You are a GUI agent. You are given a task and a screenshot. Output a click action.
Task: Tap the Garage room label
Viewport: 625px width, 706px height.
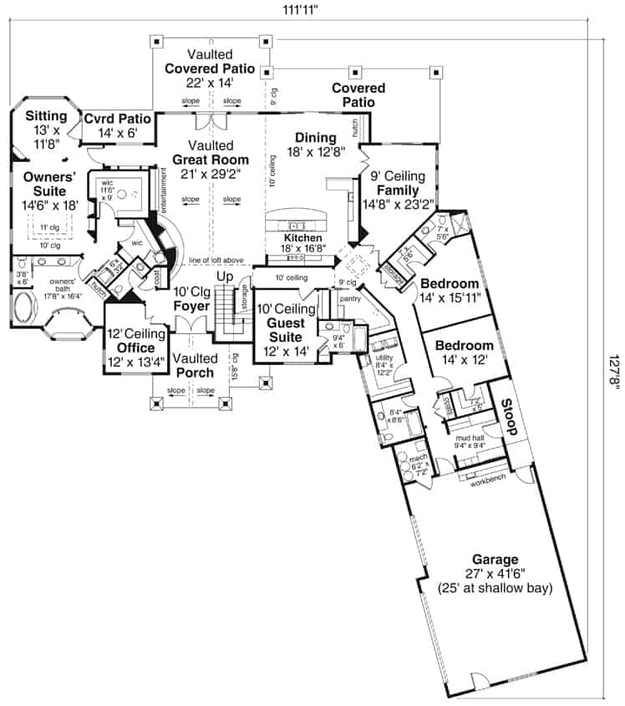coord(494,560)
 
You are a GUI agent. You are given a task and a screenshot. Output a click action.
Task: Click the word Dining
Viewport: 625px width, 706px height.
coord(316,138)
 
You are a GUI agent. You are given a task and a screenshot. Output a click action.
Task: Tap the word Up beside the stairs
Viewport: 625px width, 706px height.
coord(225,276)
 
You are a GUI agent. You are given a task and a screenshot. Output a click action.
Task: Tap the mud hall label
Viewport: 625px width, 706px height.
coord(468,437)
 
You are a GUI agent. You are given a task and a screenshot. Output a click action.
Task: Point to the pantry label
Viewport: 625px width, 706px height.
coord(349,297)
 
